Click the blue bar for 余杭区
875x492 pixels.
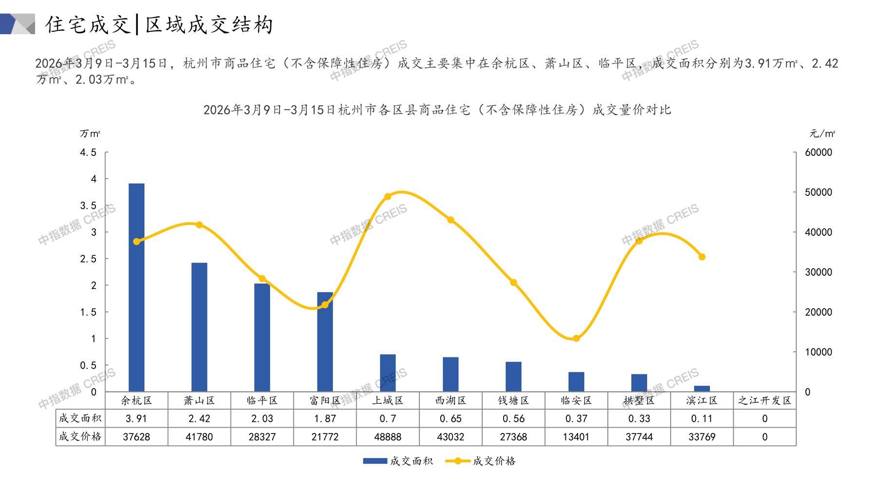point(136,287)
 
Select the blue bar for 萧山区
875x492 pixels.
point(199,327)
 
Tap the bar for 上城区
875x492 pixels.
point(388,373)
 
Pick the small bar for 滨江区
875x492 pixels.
point(702,388)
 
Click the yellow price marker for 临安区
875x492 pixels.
point(576,338)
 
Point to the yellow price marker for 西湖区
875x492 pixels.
point(450,220)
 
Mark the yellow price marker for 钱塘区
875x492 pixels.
point(513,283)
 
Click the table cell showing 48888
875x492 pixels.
point(388,437)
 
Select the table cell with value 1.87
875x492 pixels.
point(325,418)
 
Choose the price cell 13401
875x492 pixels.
point(576,437)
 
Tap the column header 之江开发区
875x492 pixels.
point(764,400)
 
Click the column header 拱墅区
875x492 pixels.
point(639,400)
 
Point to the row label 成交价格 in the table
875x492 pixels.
point(80,437)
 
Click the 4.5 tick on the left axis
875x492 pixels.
point(88,152)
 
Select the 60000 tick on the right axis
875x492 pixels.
point(819,152)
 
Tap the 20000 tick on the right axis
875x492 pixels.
point(819,312)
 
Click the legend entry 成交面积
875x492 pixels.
point(398,461)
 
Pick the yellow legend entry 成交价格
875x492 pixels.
point(481,461)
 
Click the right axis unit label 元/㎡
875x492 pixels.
point(822,133)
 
